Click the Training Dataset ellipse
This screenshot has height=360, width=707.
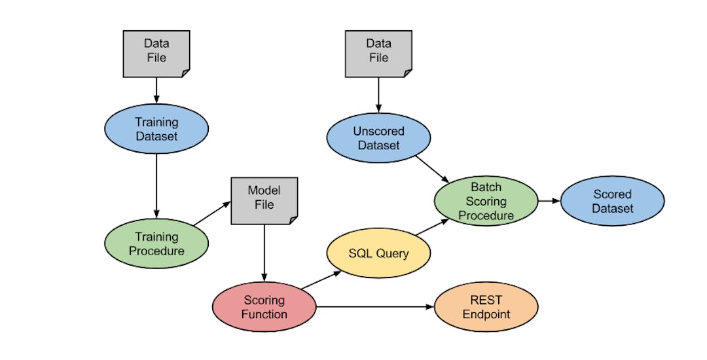pyautogui.click(x=156, y=129)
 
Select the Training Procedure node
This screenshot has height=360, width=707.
pyautogui.click(x=156, y=243)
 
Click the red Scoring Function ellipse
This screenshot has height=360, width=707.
pyautogui.click(x=264, y=307)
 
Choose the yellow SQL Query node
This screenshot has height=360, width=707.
pyautogui.click(x=378, y=253)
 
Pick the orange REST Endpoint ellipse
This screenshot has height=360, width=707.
pyautogui.click(x=486, y=307)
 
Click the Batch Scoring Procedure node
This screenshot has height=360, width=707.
pyautogui.click(x=486, y=201)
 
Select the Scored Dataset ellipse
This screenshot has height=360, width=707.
pyautogui.click(x=612, y=201)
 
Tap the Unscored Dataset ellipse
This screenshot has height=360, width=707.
pyautogui.click(x=378, y=138)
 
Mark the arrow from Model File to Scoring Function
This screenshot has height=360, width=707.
pyautogui.click(x=264, y=253)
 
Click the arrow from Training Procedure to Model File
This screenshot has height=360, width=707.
pyautogui.click(x=212, y=213)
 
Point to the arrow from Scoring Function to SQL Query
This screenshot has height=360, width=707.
pyautogui.click(x=323, y=279)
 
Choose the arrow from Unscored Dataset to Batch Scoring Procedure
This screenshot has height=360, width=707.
pyautogui.click(x=432, y=169)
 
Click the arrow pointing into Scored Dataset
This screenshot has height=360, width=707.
pyautogui.click(x=549, y=201)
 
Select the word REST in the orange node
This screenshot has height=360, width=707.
pyautogui.click(x=486, y=300)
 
